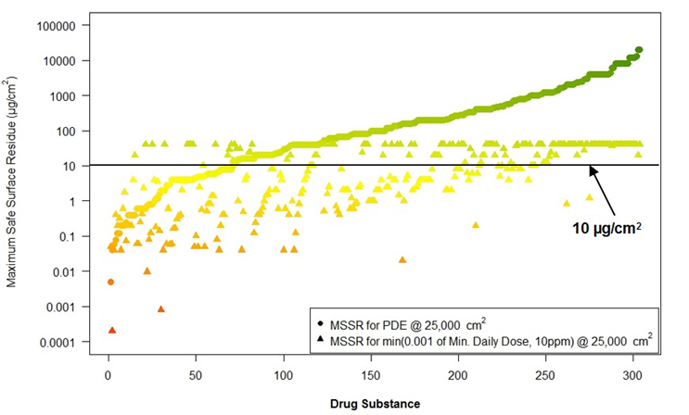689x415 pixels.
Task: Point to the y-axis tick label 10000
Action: tap(57, 61)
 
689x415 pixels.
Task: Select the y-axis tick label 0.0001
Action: tap(57, 342)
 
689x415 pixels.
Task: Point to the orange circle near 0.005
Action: tap(110, 282)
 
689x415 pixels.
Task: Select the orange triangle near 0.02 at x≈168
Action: tap(402, 260)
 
